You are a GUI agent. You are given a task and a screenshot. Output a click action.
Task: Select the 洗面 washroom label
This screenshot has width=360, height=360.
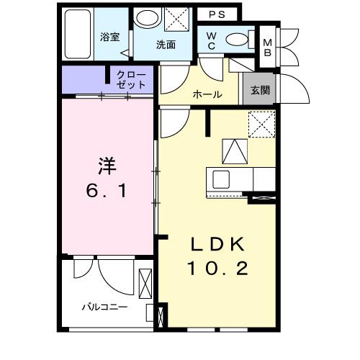click(166, 45)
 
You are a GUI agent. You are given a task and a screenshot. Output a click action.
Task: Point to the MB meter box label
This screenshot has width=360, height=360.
click(267, 46)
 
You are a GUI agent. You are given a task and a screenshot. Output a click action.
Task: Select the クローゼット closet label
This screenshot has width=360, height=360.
click(130, 80)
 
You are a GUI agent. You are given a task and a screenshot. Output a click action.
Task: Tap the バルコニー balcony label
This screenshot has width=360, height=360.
click(104, 307)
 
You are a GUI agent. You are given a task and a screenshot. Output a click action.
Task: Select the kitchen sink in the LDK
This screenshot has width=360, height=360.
click(220, 178)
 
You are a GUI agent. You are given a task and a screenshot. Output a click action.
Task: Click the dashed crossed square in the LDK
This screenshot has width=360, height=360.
click(261, 125)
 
